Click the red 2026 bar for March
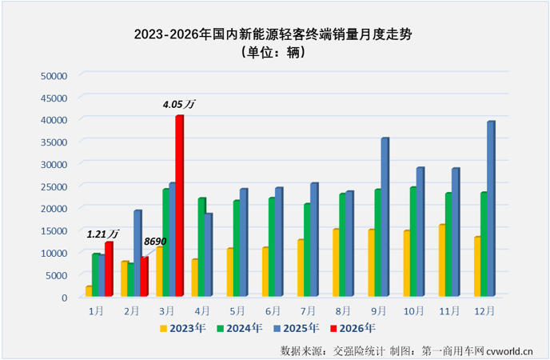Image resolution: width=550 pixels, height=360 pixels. (180, 206)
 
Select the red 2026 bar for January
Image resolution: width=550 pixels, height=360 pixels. (109, 270)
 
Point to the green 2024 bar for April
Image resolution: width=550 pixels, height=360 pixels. (202, 247)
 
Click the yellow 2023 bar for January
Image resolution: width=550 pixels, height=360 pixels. (89, 291)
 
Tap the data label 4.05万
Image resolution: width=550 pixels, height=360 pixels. (179, 104)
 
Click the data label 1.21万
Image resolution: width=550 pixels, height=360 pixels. (103, 234)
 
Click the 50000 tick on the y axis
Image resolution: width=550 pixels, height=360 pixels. (54, 75)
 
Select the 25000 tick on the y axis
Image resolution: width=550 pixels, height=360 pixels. (54, 186)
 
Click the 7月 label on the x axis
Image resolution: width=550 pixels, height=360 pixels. (309, 309)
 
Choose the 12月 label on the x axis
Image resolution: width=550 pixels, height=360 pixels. (484, 309)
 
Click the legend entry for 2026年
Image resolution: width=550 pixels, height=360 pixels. (353, 327)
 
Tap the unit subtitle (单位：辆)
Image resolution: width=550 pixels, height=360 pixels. (274, 53)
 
